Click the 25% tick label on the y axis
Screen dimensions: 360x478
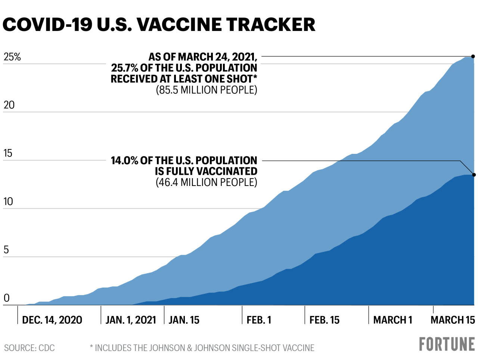tap(12, 57)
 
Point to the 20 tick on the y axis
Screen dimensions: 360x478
tap(9, 105)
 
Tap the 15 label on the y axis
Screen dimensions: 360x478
tap(8, 153)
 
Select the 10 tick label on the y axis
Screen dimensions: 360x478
tap(8, 202)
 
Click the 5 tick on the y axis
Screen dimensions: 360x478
tap(6, 250)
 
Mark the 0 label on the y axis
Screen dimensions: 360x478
tap(6, 298)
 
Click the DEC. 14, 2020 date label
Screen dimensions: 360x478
tap(52, 320)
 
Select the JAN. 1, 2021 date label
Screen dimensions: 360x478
tap(131, 320)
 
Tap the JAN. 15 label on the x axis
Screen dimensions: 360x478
tap(184, 320)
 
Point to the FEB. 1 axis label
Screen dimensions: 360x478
tap(259, 320)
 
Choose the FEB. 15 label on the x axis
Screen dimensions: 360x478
tap(325, 320)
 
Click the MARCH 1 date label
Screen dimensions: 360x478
tap(392, 320)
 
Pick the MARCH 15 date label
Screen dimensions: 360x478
tap(453, 320)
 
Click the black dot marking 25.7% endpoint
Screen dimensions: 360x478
tap(473, 56)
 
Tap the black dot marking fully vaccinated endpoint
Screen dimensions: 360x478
tap(474, 175)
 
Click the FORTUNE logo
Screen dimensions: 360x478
tap(447, 344)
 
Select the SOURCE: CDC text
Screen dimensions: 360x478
tap(30, 348)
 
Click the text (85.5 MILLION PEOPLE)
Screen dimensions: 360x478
tap(207, 90)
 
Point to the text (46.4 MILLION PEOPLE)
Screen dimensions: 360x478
tap(207, 182)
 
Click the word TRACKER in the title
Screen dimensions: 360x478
tap(271, 25)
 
